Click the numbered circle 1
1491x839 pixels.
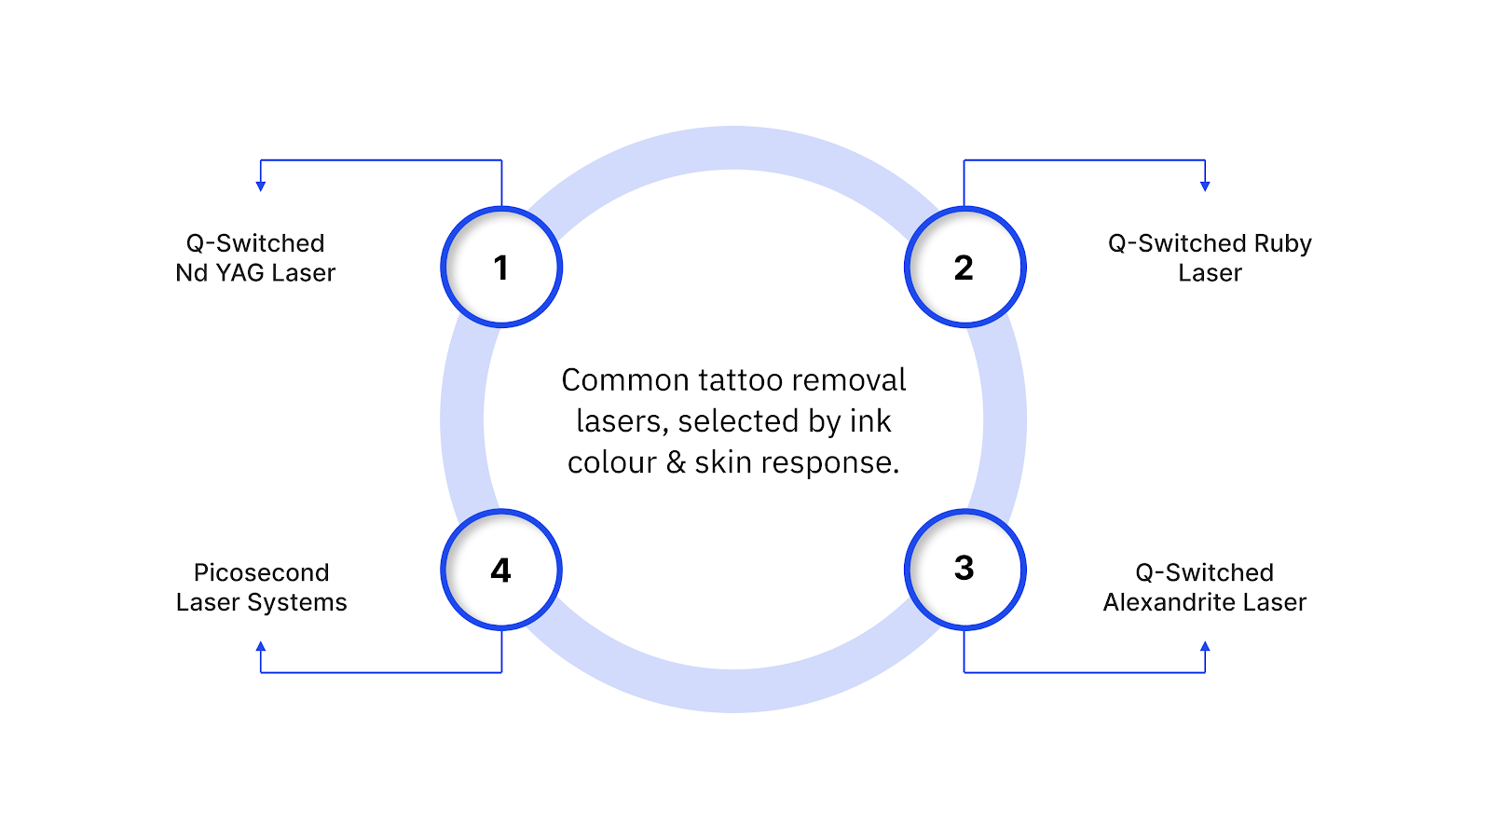(501, 268)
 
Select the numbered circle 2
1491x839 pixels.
(964, 268)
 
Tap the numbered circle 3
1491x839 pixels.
(964, 569)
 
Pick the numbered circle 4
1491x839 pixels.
(501, 570)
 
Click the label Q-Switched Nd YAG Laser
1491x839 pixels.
(255, 258)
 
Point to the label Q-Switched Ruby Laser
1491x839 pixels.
(1210, 258)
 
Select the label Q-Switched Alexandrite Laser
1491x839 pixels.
(1205, 587)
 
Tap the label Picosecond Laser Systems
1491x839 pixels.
(261, 587)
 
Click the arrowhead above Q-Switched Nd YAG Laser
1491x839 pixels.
(261, 186)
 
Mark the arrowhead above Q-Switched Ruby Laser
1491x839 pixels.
(1205, 186)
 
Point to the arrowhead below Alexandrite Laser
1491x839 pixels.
(1205, 646)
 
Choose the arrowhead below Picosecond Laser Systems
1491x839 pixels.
(261, 646)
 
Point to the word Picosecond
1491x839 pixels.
(261, 572)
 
